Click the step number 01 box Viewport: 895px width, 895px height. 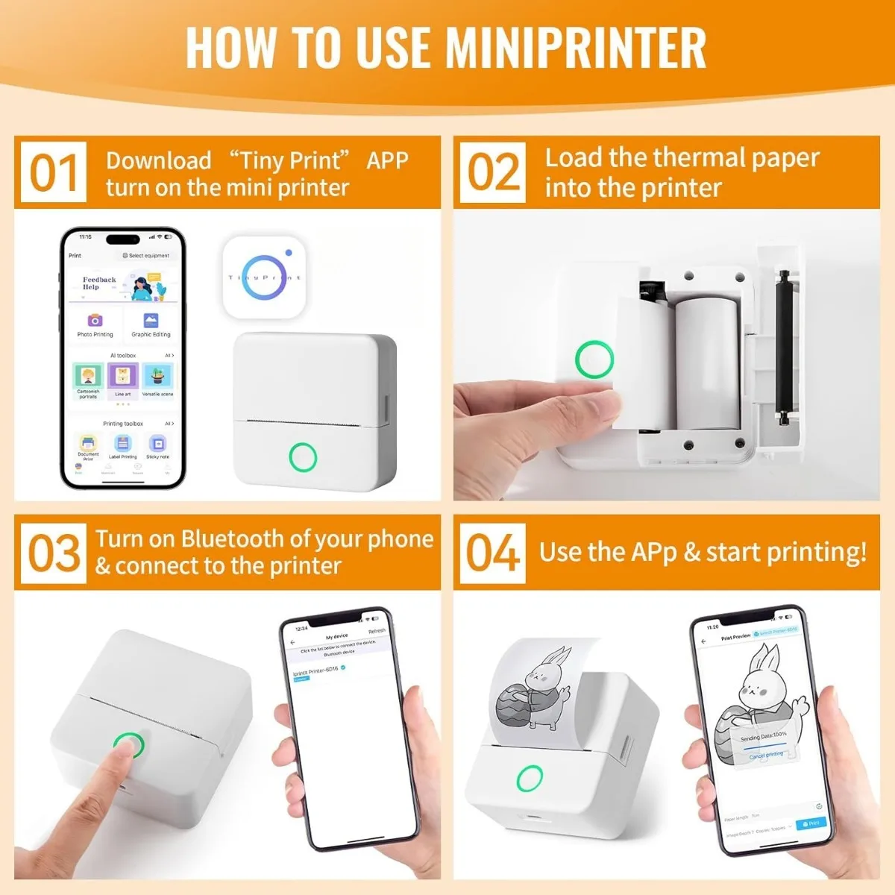[53, 172]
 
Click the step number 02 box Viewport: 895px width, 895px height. [492, 172]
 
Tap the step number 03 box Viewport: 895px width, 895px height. [53, 553]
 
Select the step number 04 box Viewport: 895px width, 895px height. [492, 553]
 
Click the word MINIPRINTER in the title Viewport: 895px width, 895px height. [575, 48]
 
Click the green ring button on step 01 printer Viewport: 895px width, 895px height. [303, 456]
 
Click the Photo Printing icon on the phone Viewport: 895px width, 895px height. [95, 321]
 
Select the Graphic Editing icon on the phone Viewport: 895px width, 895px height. [151, 321]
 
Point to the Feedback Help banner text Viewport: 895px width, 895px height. [99, 283]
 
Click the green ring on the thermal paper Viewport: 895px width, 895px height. [594, 359]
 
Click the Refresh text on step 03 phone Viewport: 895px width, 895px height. [377, 631]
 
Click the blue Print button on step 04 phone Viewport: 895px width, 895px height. [811, 823]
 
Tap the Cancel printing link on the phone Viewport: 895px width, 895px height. [766, 755]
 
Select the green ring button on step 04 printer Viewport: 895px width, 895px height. [530, 777]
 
